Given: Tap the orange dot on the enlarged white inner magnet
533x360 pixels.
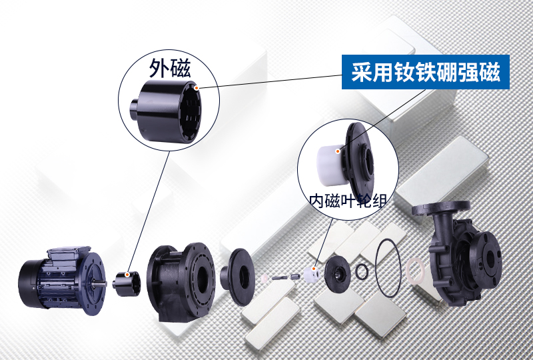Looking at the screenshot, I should (x=338, y=151).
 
